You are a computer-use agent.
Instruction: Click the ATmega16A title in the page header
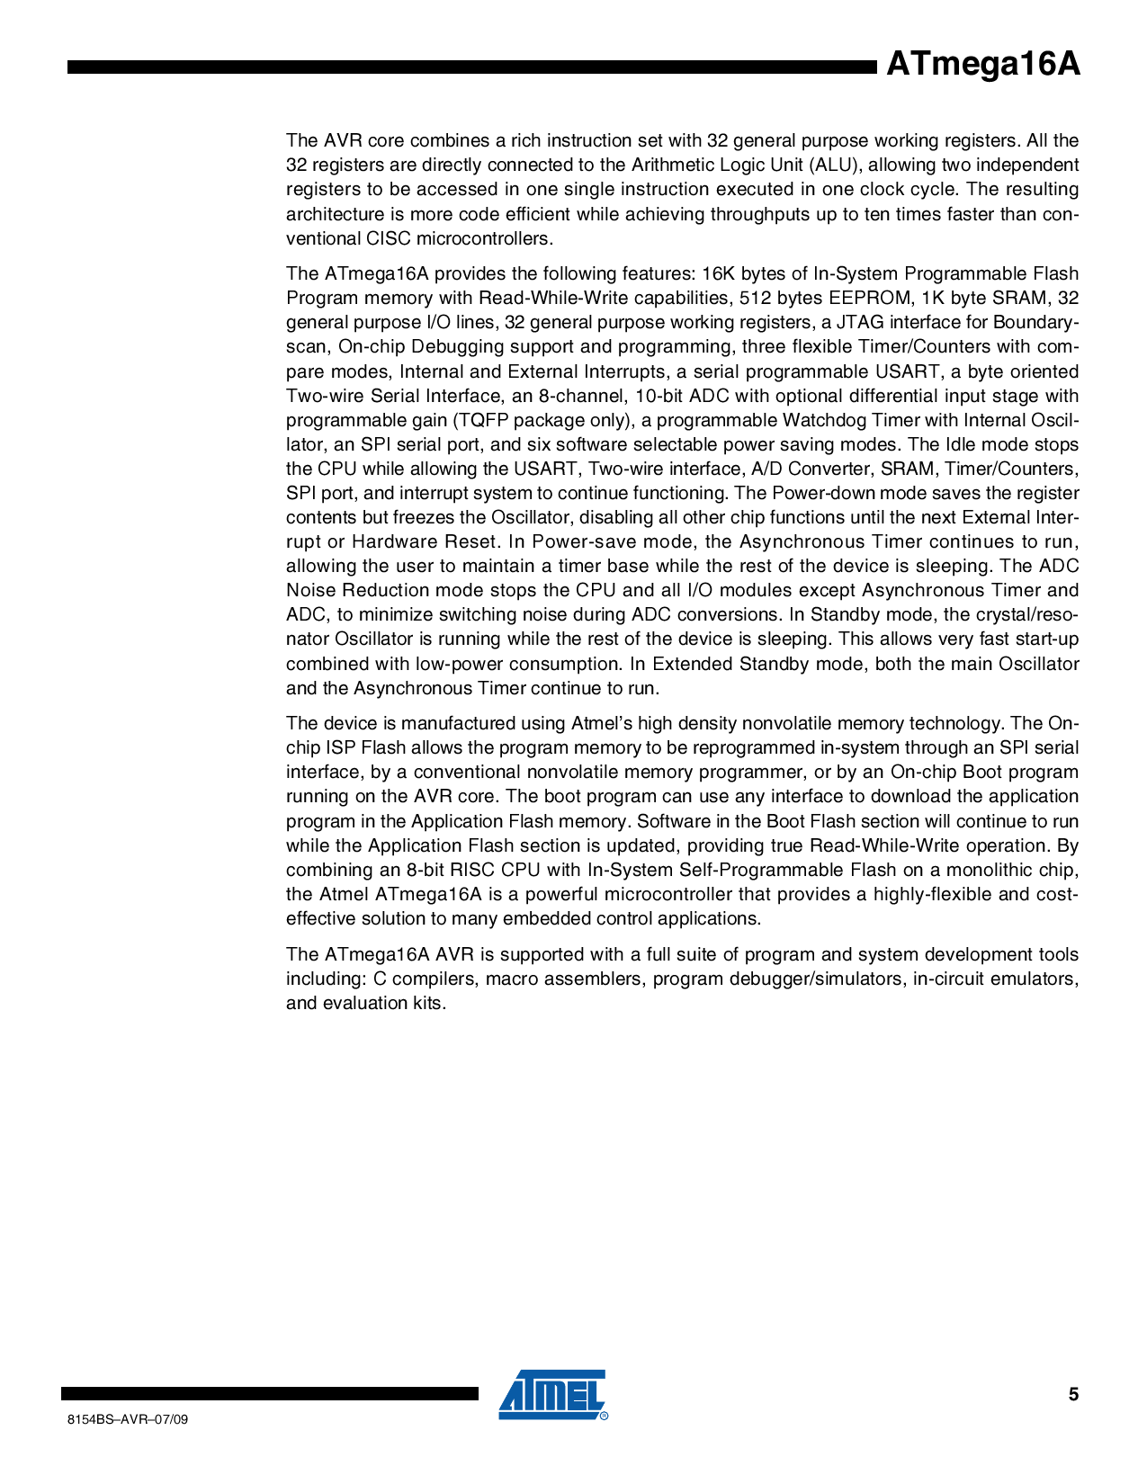pos(982,66)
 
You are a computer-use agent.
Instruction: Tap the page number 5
pos(1073,1395)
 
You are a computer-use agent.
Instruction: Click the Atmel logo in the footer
pos(552,1395)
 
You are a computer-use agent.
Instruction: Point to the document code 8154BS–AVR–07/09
pos(128,1419)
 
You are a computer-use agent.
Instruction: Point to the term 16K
pos(719,273)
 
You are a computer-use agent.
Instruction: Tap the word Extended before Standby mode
pos(692,664)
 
